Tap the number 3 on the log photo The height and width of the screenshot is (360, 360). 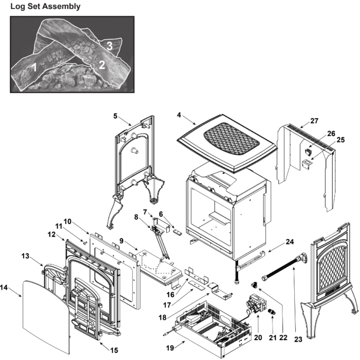tap(110, 46)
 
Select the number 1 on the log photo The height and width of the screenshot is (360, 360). tap(35, 67)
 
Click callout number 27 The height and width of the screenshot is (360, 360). tap(314, 121)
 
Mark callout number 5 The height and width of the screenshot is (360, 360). tap(115, 116)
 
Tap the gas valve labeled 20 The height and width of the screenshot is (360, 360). tap(256, 304)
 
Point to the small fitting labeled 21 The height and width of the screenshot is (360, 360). tap(273, 311)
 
